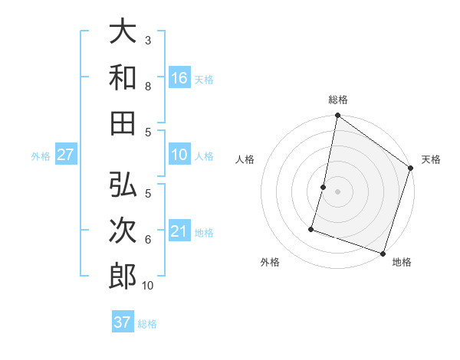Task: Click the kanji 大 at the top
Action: [123, 31]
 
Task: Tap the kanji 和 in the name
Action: [123, 77]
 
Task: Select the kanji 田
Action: [123, 123]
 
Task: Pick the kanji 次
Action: [123, 231]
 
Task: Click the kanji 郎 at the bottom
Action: [123, 277]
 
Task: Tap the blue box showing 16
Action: [179, 77]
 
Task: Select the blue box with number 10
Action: [179, 155]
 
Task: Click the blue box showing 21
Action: [179, 231]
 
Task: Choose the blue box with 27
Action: [65, 155]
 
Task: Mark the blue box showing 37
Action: [122, 322]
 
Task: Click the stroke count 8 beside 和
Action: [148, 86]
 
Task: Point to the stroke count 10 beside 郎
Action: [148, 286]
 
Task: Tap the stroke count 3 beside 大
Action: [148, 40]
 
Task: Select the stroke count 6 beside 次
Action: [148, 240]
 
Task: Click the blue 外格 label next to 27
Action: [41, 156]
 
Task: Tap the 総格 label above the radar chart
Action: [337, 100]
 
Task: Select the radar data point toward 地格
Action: [383, 253]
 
